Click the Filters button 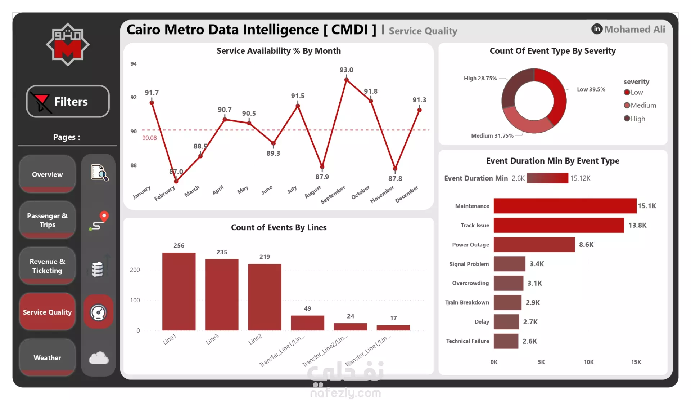pyautogui.click(x=68, y=101)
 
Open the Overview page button pyautogui.click(x=47, y=174)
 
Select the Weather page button pyautogui.click(x=47, y=357)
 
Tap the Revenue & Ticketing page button pyautogui.click(x=47, y=266)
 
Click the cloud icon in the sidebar pyautogui.click(x=99, y=358)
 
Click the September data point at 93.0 pyautogui.click(x=346, y=80)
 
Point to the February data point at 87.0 pyautogui.click(x=176, y=181)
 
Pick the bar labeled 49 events pyautogui.click(x=307, y=323)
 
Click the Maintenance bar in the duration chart pyautogui.click(x=565, y=206)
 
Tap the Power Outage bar pyautogui.click(x=534, y=245)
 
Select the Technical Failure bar pyautogui.click(x=506, y=341)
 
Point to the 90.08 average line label pyautogui.click(x=149, y=138)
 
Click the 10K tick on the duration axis pyautogui.click(x=589, y=362)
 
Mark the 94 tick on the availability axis pyautogui.click(x=134, y=64)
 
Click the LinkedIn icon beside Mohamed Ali pyautogui.click(x=596, y=29)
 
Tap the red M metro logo pyautogui.click(x=68, y=45)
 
